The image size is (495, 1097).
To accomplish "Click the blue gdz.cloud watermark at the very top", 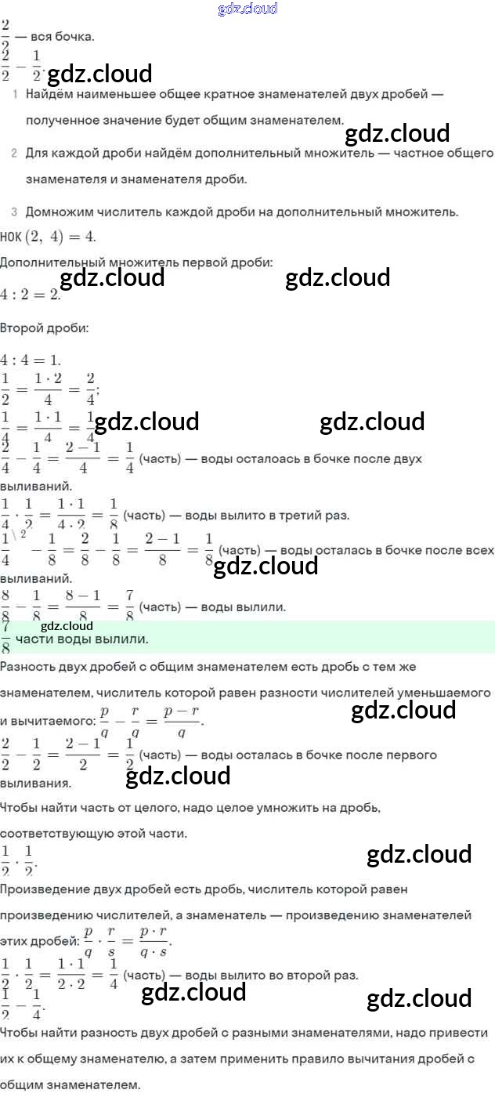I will pos(247,9).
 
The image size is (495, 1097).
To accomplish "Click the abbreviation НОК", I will pos(11,237).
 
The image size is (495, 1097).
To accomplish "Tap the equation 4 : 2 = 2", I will pos(30,295).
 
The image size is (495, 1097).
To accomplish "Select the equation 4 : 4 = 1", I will pos(30,360).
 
